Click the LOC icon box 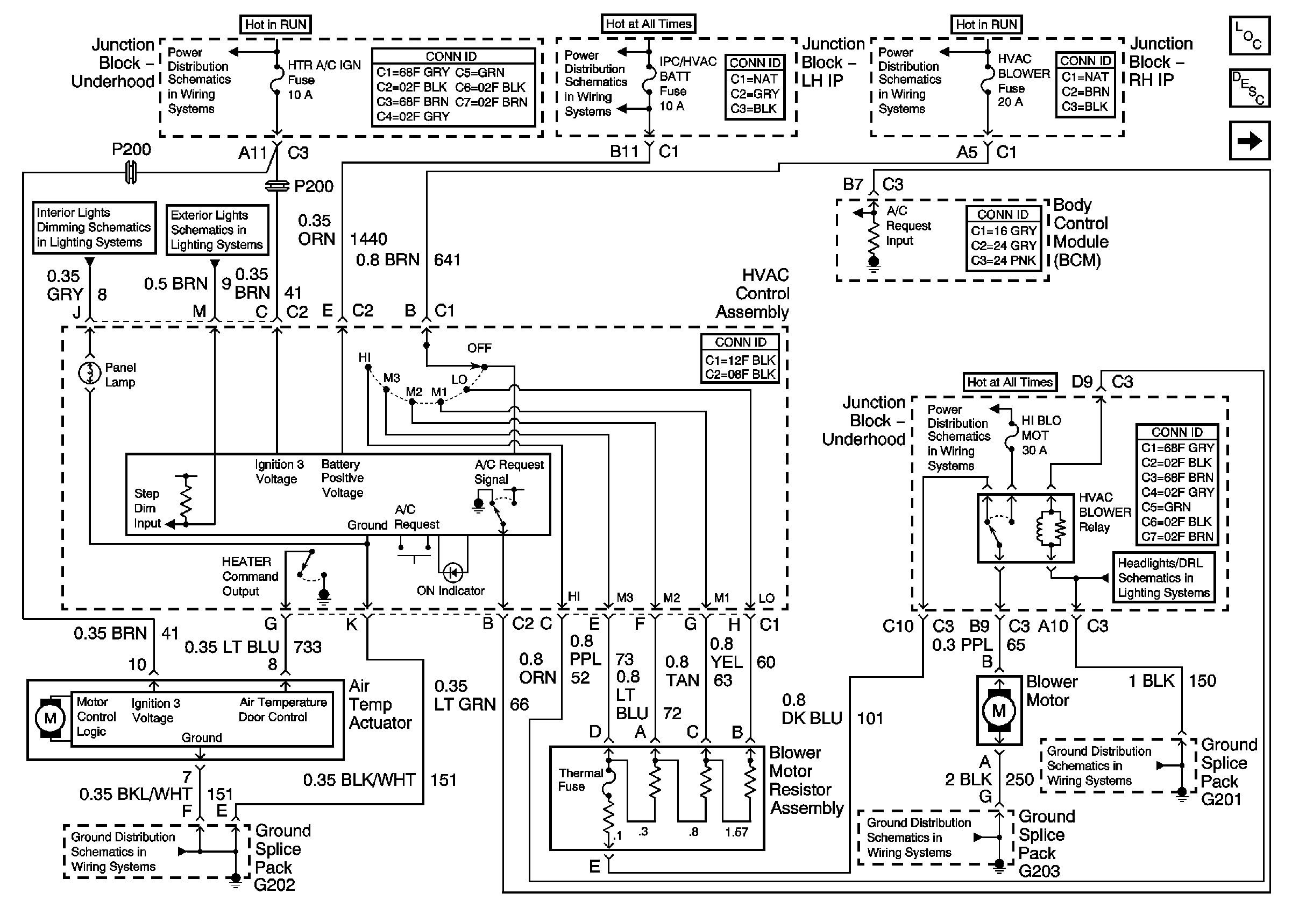pyautogui.click(x=1248, y=36)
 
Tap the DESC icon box pyautogui.click(x=1248, y=88)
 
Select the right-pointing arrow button pyautogui.click(x=1248, y=140)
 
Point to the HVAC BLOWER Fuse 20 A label pyautogui.click(x=1023, y=81)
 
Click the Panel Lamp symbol pyautogui.click(x=89, y=372)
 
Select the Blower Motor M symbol pyautogui.click(x=999, y=711)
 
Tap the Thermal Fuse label pyautogui.click(x=580, y=780)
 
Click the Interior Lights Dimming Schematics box pyautogui.click(x=94, y=228)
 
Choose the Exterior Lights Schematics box pyautogui.click(x=217, y=230)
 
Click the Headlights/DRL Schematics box pyautogui.click(x=1163, y=578)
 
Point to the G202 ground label pyautogui.click(x=274, y=885)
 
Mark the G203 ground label pyautogui.click(x=1039, y=871)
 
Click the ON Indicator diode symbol pyautogui.click(x=453, y=573)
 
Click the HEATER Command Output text pyautogui.click(x=250, y=576)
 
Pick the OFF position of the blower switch pyautogui.click(x=479, y=348)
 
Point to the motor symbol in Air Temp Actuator pyautogui.click(x=50, y=718)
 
